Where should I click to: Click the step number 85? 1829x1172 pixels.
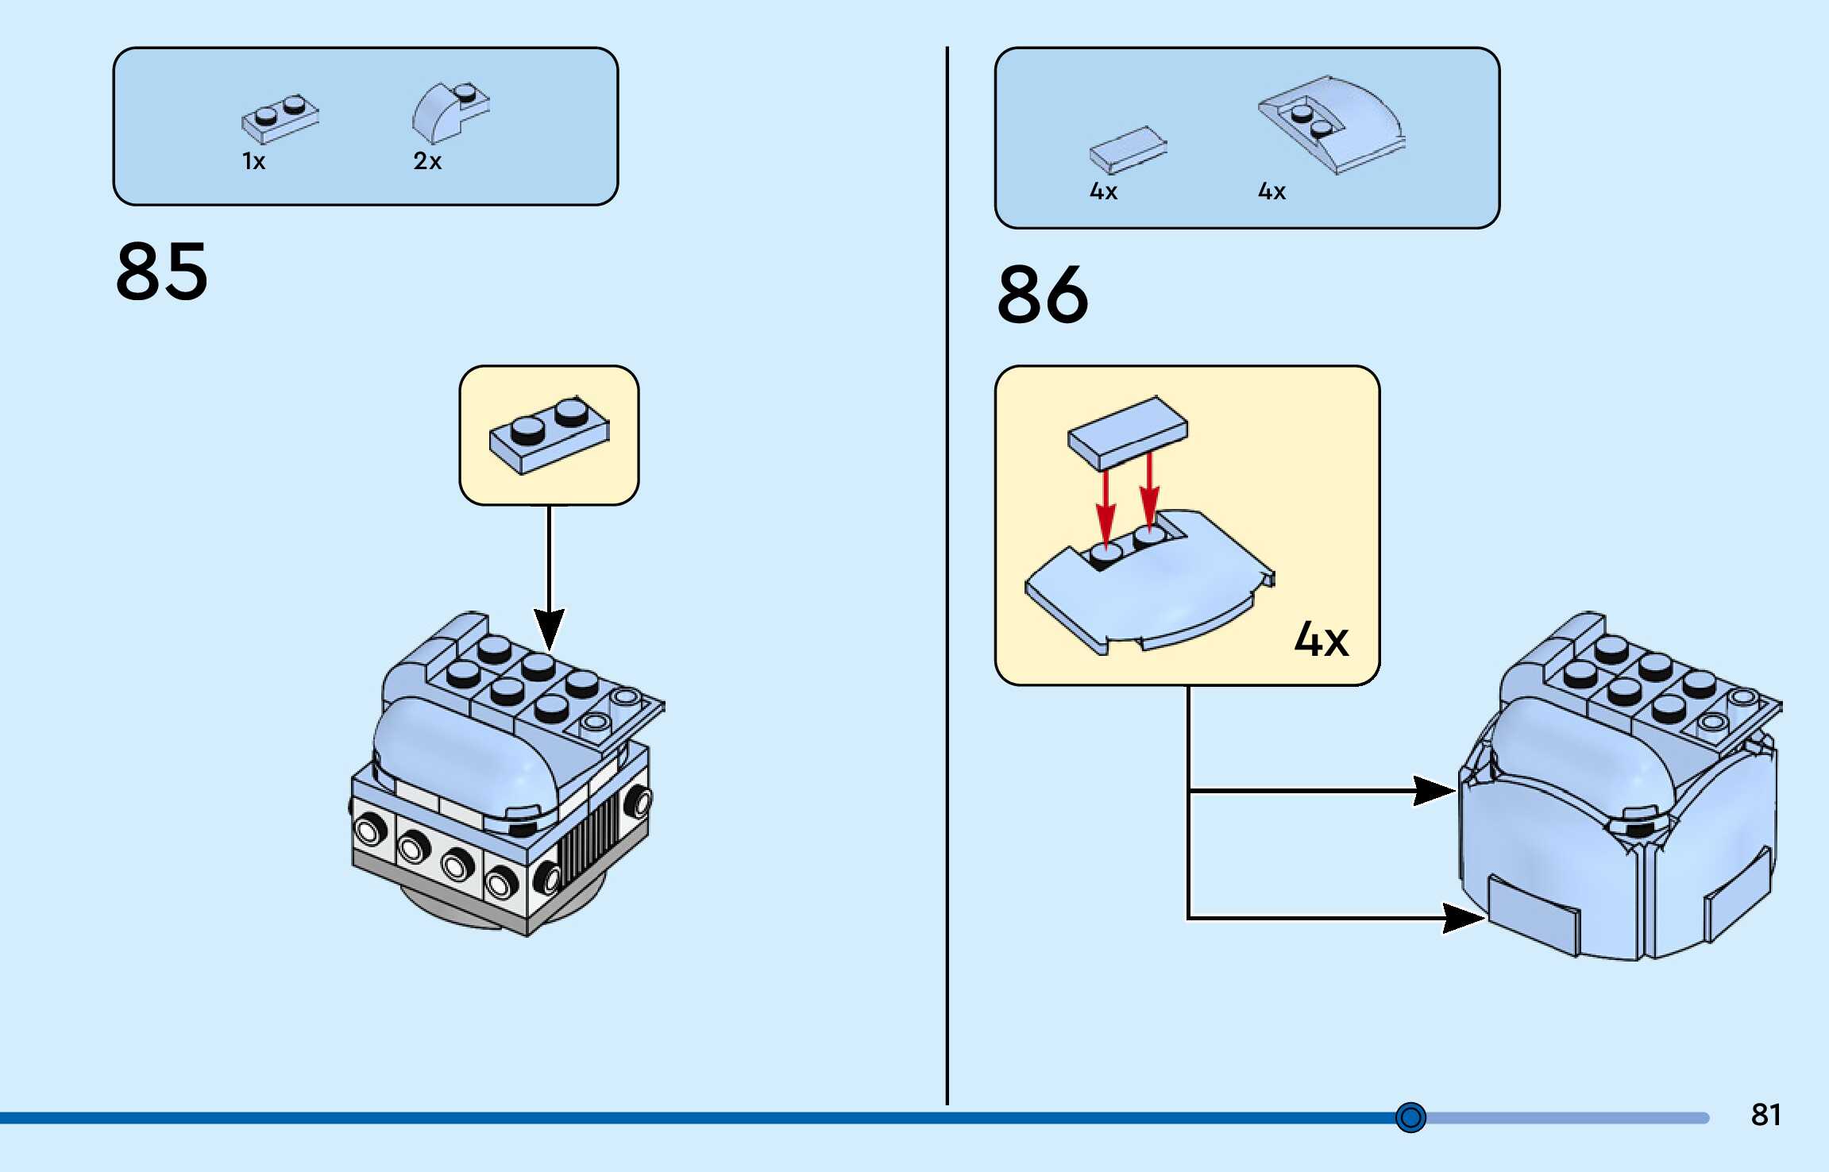[x=162, y=272]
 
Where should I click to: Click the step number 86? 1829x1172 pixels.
[x=1043, y=295]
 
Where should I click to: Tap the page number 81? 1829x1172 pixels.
[x=1765, y=1115]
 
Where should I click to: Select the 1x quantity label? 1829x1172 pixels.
[x=253, y=162]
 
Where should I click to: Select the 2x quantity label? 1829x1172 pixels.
[x=426, y=161]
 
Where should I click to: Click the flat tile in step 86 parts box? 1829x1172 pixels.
[x=1127, y=150]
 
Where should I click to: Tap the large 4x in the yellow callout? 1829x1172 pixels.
[x=1321, y=639]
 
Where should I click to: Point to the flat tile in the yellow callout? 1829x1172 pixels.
[x=1128, y=432]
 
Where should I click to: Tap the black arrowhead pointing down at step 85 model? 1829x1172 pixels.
[x=549, y=627]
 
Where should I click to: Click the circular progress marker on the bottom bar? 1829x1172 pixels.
[x=1410, y=1117]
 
